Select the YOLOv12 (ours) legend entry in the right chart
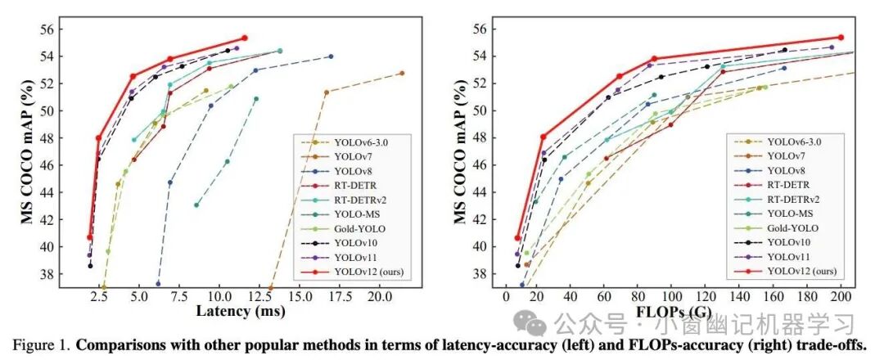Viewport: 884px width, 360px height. pos(801,270)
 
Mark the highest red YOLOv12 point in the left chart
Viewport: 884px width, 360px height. pos(244,38)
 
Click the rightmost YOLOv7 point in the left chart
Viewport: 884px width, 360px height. pos(401,73)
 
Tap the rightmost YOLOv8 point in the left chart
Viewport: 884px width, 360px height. pos(331,56)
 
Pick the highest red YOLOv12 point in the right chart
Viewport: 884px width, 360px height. pos(841,37)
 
